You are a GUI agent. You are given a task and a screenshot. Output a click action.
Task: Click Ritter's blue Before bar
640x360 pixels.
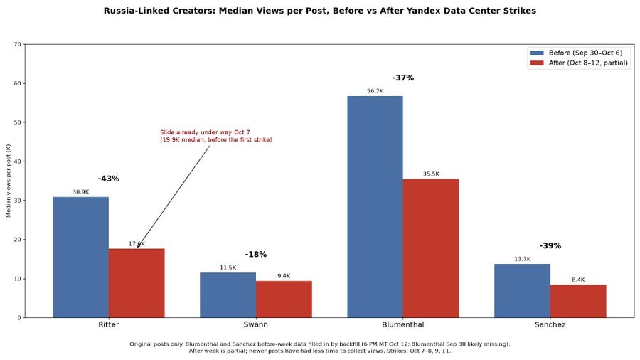pyautogui.click(x=80, y=257)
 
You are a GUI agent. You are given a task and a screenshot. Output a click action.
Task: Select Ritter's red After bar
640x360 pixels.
pyautogui.click(x=137, y=283)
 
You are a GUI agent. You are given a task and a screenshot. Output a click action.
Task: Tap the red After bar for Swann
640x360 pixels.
pyautogui.click(x=284, y=300)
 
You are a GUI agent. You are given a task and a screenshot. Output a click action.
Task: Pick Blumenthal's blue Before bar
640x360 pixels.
pyautogui.click(x=375, y=206)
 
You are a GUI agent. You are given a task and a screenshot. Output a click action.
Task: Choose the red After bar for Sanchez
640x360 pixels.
pyautogui.click(x=578, y=301)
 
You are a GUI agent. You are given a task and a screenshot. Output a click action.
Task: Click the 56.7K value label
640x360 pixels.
pyautogui.click(x=375, y=91)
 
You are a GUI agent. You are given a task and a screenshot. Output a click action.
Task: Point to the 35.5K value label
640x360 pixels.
pyautogui.click(x=431, y=174)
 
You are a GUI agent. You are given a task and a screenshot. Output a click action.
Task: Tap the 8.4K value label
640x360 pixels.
pyautogui.click(x=578, y=280)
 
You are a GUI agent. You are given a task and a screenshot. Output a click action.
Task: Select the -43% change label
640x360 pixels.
pyautogui.click(x=109, y=179)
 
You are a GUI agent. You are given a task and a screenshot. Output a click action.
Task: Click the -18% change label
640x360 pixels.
pyautogui.click(x=256, y=254)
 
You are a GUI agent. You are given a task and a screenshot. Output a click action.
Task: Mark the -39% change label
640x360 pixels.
pyautogui.click(x=550, y=245)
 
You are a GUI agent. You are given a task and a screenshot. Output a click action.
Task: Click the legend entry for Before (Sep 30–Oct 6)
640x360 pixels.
pyautogui.click(x=576, y=53)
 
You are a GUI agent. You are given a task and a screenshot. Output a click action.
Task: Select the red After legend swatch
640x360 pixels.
pyautogui.click(x=537, y=63)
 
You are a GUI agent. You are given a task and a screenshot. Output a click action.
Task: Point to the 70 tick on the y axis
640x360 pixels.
pyautogui.click(x=18, y=44)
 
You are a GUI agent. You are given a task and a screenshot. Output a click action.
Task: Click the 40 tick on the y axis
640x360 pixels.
pyautogui.click(x=18, y=162)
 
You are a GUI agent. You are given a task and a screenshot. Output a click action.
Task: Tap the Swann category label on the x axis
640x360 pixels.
pyautogui.click(x=256, y=324)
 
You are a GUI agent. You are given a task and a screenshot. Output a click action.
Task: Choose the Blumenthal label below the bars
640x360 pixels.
pyautogui.click(x=403, y=324)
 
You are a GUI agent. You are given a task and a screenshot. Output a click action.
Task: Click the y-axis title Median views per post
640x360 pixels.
pyautogui.click(x=9, y=181)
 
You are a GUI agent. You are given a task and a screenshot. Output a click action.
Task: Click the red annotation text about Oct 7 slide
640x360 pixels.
pyautogui.click(x=216, y=136)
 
